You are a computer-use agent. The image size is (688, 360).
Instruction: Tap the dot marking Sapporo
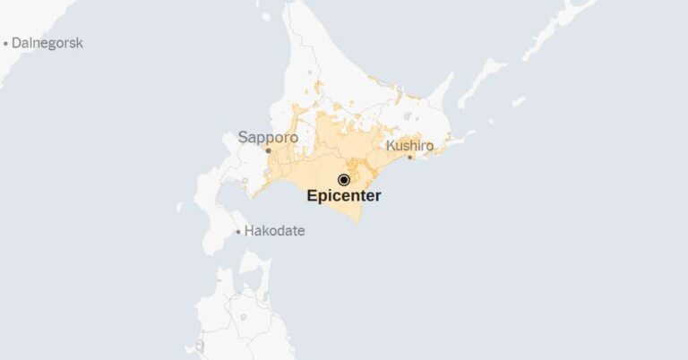click(268, 150)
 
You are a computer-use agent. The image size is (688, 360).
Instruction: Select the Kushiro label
click(409, 145)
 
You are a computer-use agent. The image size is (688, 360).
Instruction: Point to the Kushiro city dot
click(410, 158)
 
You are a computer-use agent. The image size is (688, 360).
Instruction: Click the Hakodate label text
click(275, 231)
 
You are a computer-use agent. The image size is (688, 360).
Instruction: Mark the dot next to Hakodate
click(237, 232)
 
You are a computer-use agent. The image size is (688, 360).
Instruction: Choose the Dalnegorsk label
click(47, 42)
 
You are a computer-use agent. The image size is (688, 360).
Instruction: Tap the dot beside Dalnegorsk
click(5, 43)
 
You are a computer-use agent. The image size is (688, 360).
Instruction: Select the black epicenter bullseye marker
click(343, 180)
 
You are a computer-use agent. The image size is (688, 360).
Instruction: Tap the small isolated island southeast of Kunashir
click(518, 101)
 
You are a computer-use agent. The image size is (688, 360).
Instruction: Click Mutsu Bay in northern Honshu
click(246, 296)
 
